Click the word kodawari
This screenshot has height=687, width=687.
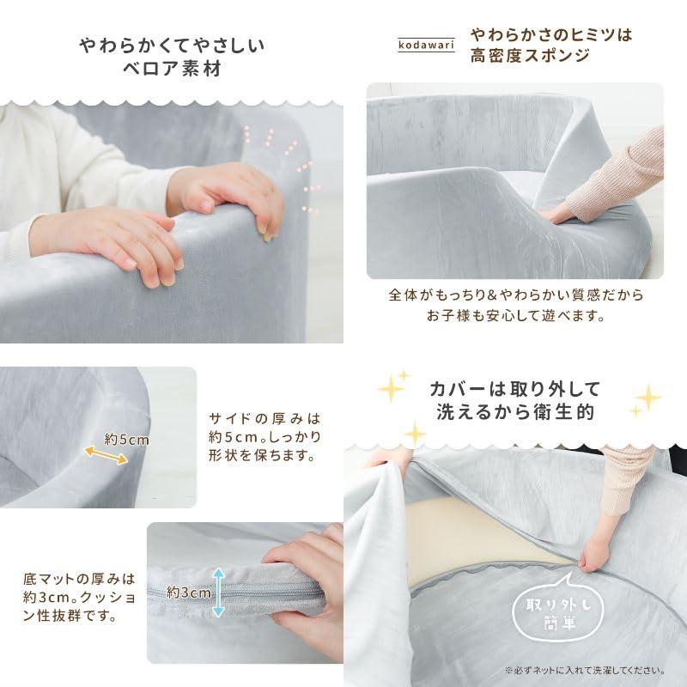[426, 45]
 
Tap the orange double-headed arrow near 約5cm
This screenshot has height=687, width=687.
[106, 455]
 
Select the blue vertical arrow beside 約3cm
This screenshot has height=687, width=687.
[219, 593]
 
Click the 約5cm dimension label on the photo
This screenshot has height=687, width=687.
[126, 440]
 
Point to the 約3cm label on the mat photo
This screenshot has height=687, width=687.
[189, 593]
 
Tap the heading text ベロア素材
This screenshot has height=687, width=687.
[173, 69]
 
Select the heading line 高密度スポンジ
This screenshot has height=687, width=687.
[530, 56]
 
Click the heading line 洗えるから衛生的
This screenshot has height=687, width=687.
[515, 412]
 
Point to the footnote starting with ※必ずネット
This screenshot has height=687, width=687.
[585, 671]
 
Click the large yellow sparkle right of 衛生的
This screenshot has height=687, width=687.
[648, 398]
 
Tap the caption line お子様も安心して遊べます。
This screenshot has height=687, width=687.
[516, 315]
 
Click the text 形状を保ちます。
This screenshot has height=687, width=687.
[262, 455]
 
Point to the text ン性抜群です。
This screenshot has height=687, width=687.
[70, 616]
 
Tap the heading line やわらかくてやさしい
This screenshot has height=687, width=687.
[173, 46]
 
